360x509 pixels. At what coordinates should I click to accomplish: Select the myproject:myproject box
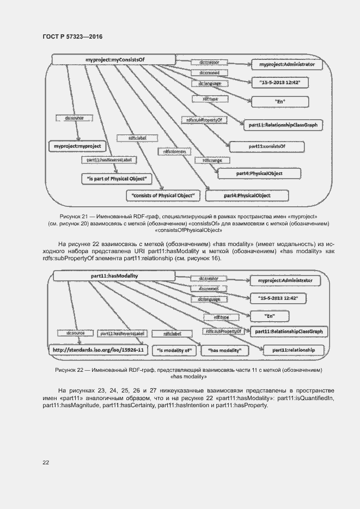click(x=77, y=146)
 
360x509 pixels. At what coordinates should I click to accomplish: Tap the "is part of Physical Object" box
click(x=117, y=178)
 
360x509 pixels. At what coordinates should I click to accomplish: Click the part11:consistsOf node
click(x=267, y=146)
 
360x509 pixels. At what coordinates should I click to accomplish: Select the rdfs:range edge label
click(x=212, y=161)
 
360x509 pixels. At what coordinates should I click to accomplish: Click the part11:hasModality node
click(x=114, y=276)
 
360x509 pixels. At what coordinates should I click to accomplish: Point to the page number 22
click(x=46, y=462)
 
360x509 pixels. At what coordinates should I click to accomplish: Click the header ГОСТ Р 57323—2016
click(x=72, y=36)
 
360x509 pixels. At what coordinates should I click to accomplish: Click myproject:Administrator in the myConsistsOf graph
click(x=287, y=65)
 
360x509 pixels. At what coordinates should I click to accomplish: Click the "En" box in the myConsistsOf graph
click(x=279, y=101)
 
